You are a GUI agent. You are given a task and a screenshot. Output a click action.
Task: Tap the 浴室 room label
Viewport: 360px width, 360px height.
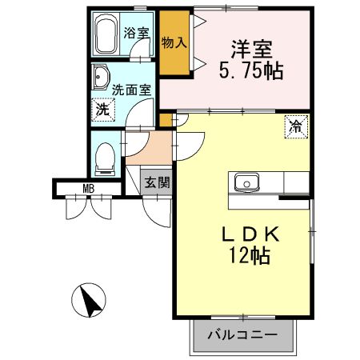pyautogui.click(x=137, y=33)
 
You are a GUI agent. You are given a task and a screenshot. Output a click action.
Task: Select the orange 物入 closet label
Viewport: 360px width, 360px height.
pyautogui.click(x=174, y=42)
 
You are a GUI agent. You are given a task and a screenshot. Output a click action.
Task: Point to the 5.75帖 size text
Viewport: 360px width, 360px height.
pyautogui.click(x=250, y=70)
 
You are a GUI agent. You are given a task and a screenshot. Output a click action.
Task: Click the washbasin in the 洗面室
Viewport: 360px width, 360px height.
pyautogui.click(x=102, y=79)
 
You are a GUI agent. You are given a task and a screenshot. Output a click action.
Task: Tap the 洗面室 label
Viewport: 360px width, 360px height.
pyautogui.click(x=131, y=90)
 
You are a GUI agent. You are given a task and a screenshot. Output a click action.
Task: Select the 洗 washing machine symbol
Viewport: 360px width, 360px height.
pyautogui.click(x=102, y=109)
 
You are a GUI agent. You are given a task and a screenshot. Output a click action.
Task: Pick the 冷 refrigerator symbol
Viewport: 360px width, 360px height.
pyautogui.click(x=295, y=125)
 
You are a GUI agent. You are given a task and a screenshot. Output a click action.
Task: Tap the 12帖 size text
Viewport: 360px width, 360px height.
pyautogui.click(x=250, y=256)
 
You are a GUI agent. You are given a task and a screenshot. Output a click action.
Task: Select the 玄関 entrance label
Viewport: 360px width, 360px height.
pyautogui.click(x=157, y=182)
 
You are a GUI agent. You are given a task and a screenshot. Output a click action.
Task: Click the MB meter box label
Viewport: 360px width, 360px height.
pyautogui.click(x=89, y=190)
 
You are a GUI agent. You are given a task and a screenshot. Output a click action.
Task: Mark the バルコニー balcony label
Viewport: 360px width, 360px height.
pyautogui.click(x=244, y=334)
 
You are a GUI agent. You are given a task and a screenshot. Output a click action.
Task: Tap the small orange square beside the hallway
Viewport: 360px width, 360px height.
pyautogui.click(x=166, y=120)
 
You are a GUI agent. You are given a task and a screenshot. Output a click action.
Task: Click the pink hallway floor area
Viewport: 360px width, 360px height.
pyautogui.click(x=157, y=147)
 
